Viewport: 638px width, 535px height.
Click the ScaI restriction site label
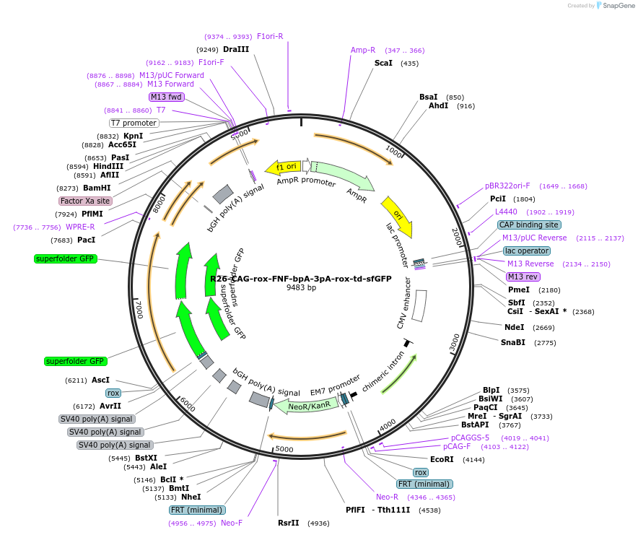[x=383, y=63]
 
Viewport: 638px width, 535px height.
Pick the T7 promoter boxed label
[x=134, y=123]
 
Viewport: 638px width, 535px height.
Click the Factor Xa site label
[x=85, y=201]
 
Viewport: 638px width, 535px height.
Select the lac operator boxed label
[x=527, y=251]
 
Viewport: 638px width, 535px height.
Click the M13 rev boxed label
[x=523, y=277]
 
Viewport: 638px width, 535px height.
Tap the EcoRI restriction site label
[x=442, y=459]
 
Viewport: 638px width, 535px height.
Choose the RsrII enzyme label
[x=288, y=523]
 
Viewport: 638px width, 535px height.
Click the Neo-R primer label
[x=387, y=497]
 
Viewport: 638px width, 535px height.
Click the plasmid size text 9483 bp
[x=301, y=287]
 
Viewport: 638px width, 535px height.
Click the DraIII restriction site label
[x=236, y=49]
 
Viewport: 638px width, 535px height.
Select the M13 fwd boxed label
[x=166, y=97]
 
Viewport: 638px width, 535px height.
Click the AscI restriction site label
[x=100, y=380]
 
